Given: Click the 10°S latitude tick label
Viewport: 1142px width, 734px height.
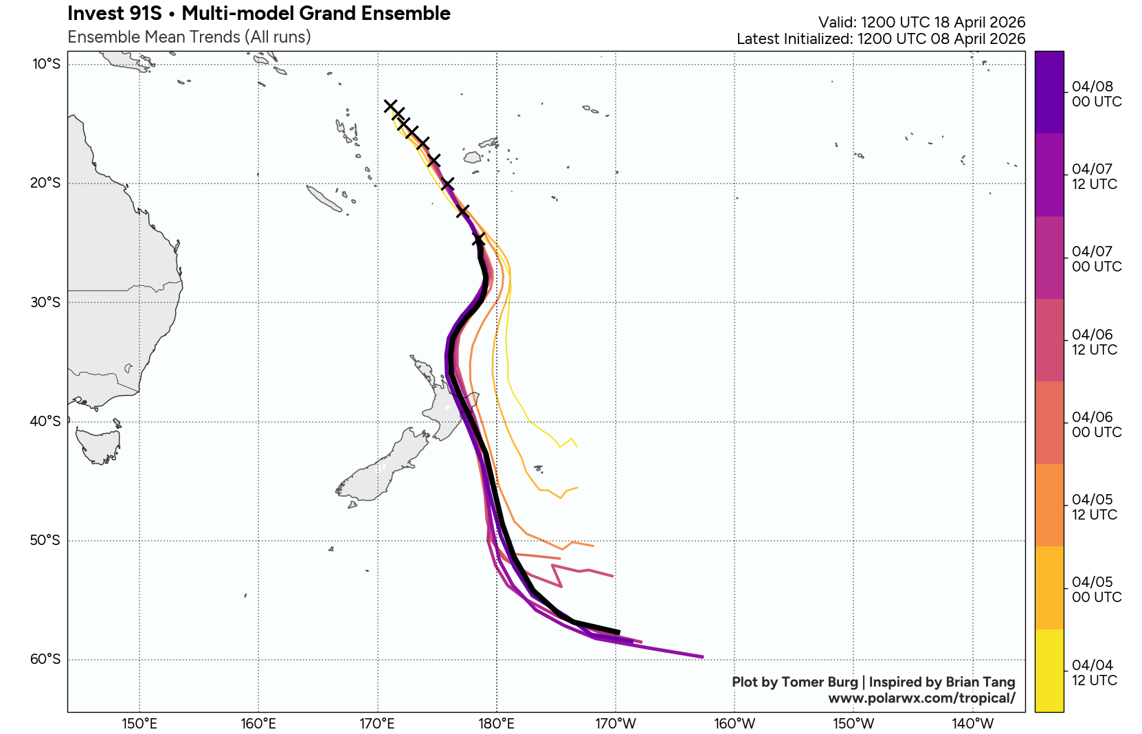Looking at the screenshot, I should tap(47, 65).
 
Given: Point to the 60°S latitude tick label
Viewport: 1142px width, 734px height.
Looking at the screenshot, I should tap(45, 660).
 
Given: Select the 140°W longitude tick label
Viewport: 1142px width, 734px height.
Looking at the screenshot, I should tap(972, 724).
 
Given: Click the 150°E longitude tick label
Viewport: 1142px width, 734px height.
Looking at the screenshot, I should tap(139, 724).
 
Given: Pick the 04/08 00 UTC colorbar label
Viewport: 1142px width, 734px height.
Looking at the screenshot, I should tap(1096, 94).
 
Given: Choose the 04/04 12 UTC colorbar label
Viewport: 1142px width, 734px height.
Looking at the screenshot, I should tap(1094, 673).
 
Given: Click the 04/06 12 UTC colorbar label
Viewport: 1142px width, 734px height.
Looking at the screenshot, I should tap(1094, 342).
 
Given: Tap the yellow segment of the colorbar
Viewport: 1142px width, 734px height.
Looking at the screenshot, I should tap(1049, 670).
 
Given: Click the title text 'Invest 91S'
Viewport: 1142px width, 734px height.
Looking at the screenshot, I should tap(114, 14).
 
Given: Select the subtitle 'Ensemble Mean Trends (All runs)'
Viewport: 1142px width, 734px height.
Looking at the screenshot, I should tap(189, 37).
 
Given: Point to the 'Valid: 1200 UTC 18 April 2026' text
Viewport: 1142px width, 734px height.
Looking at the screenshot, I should tap(921, 23).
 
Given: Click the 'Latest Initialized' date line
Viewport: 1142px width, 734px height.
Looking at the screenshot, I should tap(880, 39).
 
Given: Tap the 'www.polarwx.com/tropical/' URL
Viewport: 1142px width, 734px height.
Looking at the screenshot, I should tap(921, 698).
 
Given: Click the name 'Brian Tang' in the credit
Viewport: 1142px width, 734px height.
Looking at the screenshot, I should tap(980, 682).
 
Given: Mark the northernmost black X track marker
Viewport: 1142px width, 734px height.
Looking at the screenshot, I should tap(390, 106).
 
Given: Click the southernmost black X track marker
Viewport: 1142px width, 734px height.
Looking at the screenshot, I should tap(478, 239).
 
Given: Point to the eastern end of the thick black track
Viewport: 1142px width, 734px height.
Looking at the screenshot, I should tap(619, 632).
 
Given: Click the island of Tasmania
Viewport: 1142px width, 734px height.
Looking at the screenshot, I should tap(98, 445).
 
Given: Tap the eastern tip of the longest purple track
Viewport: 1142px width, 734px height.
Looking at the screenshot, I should tap(702, 657).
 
